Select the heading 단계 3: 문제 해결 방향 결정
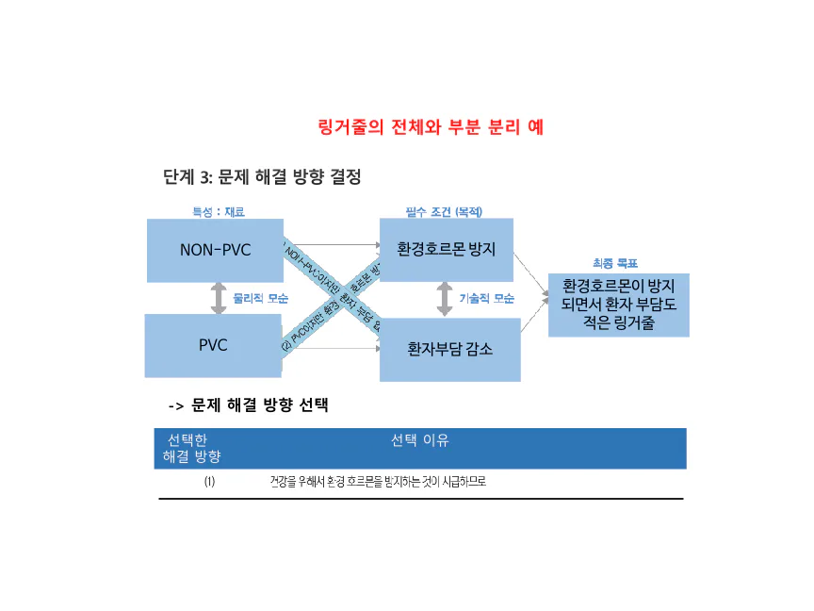262,177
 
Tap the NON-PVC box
215,250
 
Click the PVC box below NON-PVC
212,345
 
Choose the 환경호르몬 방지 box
447,250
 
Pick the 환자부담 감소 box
449,349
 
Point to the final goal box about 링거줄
618,305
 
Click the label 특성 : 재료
219,212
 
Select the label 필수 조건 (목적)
444,212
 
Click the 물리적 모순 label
260,298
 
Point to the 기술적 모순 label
486,298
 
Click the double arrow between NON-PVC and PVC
219,298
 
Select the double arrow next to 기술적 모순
445,298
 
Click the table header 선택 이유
420,440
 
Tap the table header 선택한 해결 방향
192,449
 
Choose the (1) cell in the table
209,482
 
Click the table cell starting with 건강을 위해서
377,482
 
